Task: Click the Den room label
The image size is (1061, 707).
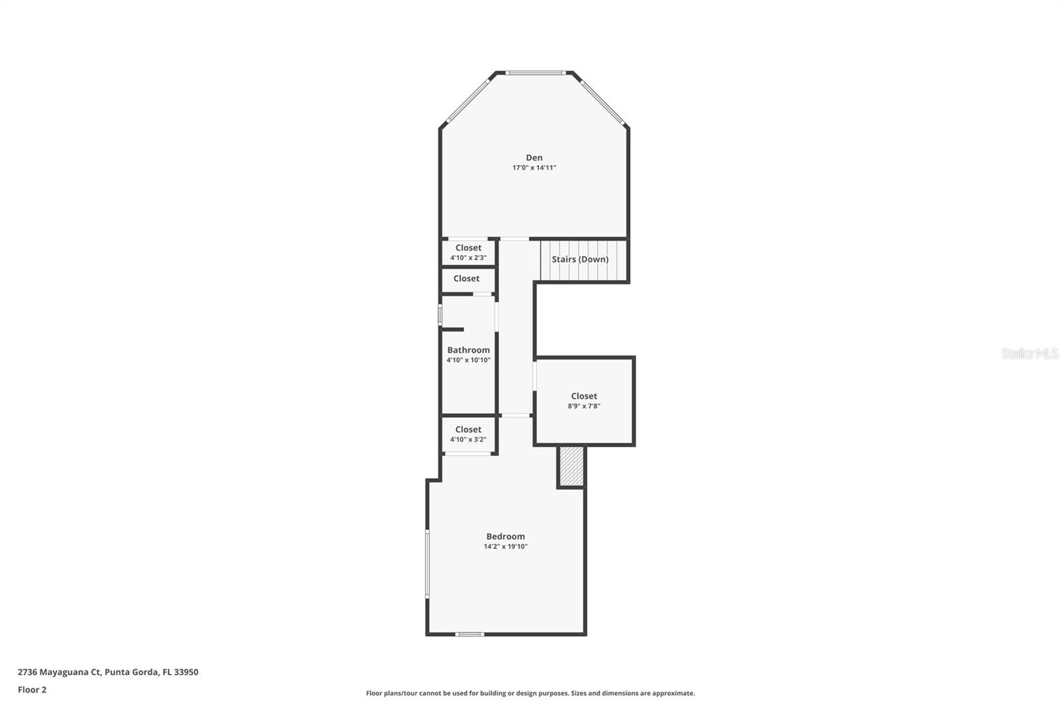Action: (x=534, y=158)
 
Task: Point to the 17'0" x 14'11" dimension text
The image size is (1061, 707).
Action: (x=534, y=168)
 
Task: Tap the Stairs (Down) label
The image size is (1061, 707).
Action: (x=580, y=259)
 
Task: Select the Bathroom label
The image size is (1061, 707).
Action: (x=468, y=350)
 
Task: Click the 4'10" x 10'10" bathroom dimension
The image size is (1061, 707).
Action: (x=468, y=360)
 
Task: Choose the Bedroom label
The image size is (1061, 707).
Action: (x=505, y=537)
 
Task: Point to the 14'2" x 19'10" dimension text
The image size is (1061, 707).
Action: (x=505, y=546)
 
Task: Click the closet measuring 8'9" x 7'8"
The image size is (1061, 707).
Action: (x=584, y=401)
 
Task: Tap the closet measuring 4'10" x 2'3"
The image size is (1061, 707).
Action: (x=468, y=252)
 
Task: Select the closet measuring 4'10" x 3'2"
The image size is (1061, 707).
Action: (x=468, y=434)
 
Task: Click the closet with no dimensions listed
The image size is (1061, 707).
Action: (x=467, y=279)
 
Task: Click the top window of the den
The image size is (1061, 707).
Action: (x=535, y=72)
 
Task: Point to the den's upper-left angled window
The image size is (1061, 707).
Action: (x=468, y=100)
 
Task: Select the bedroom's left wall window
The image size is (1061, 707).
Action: (x=428, y=564)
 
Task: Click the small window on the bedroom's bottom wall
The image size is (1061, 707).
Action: (x=469, y=634)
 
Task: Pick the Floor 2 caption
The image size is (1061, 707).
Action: (x=32, y=690)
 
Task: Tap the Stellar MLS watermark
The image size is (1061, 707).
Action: (x=1029, y=353)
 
